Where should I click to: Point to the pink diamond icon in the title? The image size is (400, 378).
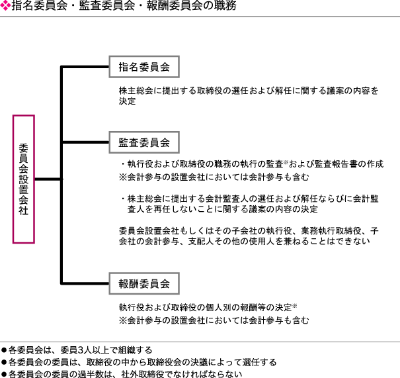[x=5, y=6]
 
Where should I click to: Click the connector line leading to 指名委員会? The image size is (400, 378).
[x=85, y=67]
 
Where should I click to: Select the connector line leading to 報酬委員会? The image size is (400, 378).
[x=85, y=283]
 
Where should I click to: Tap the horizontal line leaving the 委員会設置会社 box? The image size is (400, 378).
[x=48, y=179]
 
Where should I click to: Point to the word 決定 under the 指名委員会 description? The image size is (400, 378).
[x=128, y=101]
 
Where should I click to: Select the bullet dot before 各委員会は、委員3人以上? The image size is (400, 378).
[x=4, y=350]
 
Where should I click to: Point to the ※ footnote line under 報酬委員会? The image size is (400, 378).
[x=214, y=320]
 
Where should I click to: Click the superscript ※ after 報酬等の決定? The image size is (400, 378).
[x=294, y=306]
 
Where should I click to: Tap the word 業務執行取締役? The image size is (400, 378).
[x=331, y=230]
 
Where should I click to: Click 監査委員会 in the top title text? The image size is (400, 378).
[x=107, y=5]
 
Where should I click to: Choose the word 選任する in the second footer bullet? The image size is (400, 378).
[x=259, y=362]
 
